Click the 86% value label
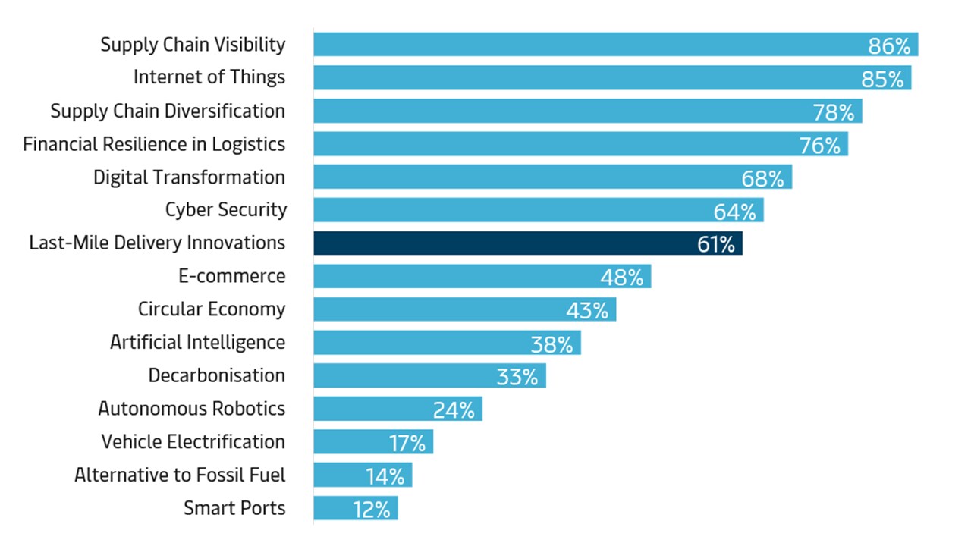click(888, 46)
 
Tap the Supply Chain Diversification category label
click(168, 111)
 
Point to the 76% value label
click(819, 146)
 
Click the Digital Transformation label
click(189, 177)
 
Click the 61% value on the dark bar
click(715, 244)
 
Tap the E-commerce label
click(231, 276)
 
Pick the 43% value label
click(586, 311)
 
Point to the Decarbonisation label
click(216, 375)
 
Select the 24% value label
click(454, 410)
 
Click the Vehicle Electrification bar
click(372, 442)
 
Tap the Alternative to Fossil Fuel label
click(180, 475)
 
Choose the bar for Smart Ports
click(355, 508)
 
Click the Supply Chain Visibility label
click(193, 45)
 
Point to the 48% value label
click(621, 278)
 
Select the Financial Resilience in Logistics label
click(154, 144)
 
